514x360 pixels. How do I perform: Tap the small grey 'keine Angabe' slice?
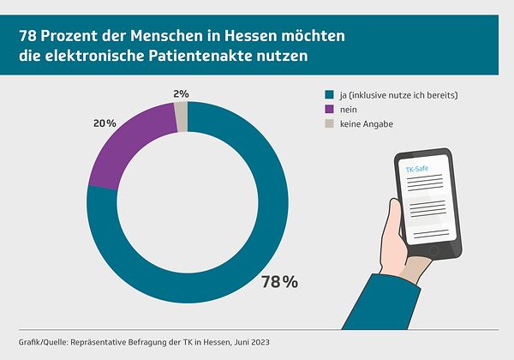(182, 116)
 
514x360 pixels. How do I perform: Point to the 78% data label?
(279, 281)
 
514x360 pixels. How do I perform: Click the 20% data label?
(105, 123)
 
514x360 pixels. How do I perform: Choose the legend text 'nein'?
(350, 109)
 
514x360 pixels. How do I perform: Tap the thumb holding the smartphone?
(393, 231)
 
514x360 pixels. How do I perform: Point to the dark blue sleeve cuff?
(377, 304)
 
